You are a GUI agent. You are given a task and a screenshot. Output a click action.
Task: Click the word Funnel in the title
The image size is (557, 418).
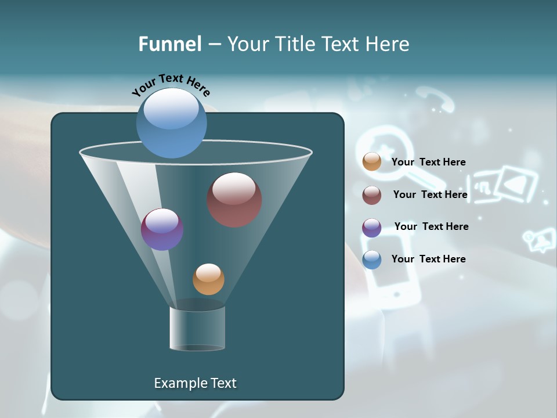tap(169, 44)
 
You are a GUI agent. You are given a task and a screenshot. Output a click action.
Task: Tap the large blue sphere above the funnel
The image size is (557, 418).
tap(171, 122)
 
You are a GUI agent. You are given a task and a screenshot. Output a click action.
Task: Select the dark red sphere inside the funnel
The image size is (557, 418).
tap(234, 200)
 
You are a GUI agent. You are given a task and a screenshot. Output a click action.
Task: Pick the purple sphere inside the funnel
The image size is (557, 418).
tap(162, 229)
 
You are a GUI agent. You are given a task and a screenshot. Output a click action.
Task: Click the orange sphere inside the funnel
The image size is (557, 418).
tap(208, 279)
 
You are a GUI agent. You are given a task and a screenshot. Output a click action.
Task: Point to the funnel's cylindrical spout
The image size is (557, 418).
tap(197, 328)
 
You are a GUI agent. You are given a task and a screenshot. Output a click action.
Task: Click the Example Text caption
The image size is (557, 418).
tap(195, 383)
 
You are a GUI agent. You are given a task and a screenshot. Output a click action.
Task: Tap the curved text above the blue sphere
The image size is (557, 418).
tap(171, 85)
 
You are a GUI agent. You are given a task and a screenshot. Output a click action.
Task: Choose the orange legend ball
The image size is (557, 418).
tap(372, 162)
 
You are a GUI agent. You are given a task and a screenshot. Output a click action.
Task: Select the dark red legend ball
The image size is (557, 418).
tap(372, 195)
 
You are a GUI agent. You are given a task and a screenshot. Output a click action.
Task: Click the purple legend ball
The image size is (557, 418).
tap(372, 228)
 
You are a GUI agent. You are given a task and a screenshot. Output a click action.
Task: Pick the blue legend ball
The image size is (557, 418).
tap(372, 260)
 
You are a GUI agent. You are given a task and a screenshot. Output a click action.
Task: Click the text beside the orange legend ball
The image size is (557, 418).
tap(428, 163)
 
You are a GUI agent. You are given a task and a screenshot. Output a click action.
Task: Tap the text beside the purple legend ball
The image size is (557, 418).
tap(431, 227)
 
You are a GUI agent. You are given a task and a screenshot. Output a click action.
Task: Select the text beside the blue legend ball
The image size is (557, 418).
tap(428, 259)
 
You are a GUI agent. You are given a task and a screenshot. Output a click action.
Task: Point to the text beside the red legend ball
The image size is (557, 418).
tap(430, 195)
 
